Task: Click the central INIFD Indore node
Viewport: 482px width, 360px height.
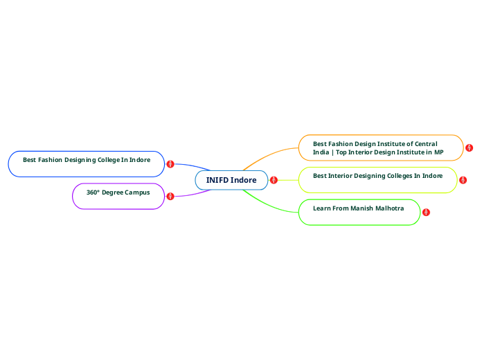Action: pyautogui.click(x=231, y=180)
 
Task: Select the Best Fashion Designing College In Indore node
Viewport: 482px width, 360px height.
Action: pyautogui.click(x=86, y=163)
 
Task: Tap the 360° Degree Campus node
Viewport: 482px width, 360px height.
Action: pyautogui.click(x=118, y=195)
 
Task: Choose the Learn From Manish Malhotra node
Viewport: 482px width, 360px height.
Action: pyautogui.click(x=359, y=212)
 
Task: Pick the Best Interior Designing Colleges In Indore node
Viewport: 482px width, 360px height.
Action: pyautogui.click(x=377, y=179)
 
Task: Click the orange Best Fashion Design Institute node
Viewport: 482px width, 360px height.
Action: pyautogui.click(x=380, y=147)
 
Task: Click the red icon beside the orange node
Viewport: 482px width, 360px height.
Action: pyautogui.click(x=470, y=148)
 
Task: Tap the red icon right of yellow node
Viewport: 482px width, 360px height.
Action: pyautogui.click(x=463, y=180)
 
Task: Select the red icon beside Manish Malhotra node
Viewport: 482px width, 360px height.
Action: pyautogui.click(x=426, y=212)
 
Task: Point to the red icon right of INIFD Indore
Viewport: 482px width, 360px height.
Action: pyautogui.click(x=274, y=180)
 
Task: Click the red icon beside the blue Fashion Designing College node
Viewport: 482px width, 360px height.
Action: pyautogui.click(x=170, y=164)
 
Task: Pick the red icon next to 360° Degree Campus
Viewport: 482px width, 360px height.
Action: pyautogui.click(x=170, y=197)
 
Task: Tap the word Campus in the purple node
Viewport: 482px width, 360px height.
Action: pyautogui.click(x=137, y=192)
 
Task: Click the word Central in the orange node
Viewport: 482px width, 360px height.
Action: pyautogui.click(x=423, y=144)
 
